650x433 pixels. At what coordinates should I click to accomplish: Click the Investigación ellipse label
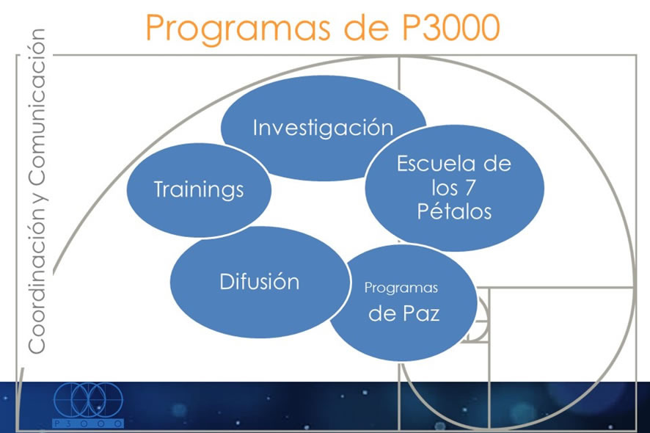[x=323, y=128]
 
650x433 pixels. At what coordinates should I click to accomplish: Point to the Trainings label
[x=199, y=189]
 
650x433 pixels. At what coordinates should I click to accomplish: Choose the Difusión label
[x=260, y=282]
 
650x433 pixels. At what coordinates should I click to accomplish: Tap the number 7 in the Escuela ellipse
[x=470, y=188]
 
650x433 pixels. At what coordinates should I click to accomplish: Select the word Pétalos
[x=454, y=211]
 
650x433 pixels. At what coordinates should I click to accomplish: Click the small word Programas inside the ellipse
[x=401, y=288]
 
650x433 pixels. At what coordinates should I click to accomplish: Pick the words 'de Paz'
[x=403, y=313]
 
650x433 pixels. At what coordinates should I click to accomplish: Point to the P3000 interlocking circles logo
[x=88, y=400]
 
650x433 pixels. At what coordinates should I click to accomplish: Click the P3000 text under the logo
[x=88, y=423]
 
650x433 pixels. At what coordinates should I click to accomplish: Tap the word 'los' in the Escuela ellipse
[x=444, y=188]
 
